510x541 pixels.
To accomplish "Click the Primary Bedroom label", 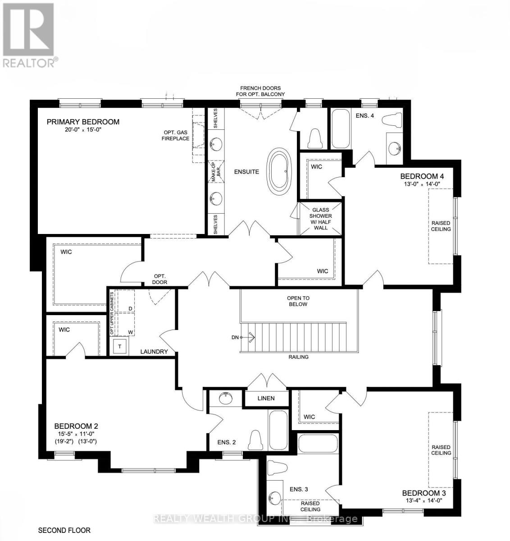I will pyautogui.click(x=83, y=122).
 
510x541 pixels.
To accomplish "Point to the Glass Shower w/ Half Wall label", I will pyautogui.click(x=321, y=219).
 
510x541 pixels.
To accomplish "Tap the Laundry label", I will pyautogui.click(x=154, y=352).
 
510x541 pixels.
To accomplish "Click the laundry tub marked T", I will pyautogui.click(x=120, y=347).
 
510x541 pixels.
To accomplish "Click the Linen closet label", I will pyautogui.click(x=266, y=399).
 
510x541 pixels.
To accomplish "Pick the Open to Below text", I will pyautogui.click(x=298, y=301).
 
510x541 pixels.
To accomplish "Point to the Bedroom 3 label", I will pyautogui.click(x=424, y=493).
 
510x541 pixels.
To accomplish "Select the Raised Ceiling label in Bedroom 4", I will pyautogui.click(x=441, y=226).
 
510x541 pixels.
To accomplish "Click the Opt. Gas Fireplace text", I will pyautogui.click(x=175, y=136).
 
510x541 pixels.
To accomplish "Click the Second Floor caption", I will pyautogui.click(x=64, y=530).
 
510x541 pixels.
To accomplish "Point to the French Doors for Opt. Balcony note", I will pyautogui.click(x=262, y=91).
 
